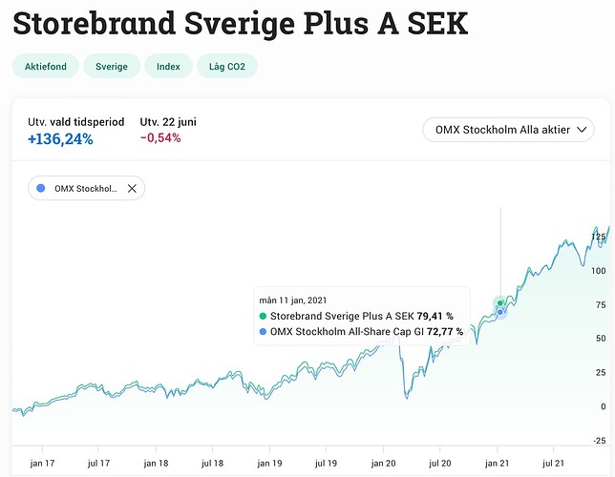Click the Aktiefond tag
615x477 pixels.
[45, 67]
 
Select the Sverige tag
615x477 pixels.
[112, 67]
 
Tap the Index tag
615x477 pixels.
[168, 67]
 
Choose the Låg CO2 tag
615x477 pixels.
[227, 67]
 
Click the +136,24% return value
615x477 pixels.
[60, 138]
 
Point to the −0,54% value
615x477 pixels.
[159, 138]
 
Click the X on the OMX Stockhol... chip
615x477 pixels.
[132, 188]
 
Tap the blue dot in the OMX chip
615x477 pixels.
[40, 188]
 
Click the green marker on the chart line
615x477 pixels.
[499, 303]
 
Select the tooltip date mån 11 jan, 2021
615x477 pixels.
[298, 300]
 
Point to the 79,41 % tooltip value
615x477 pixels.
[435, 316]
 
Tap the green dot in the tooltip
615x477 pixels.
[264, 316]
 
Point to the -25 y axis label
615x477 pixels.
[597, 440]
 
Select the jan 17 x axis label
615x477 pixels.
[42, 462]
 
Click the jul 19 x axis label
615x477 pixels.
[327, 462]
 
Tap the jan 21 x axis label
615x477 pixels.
[498, 462]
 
